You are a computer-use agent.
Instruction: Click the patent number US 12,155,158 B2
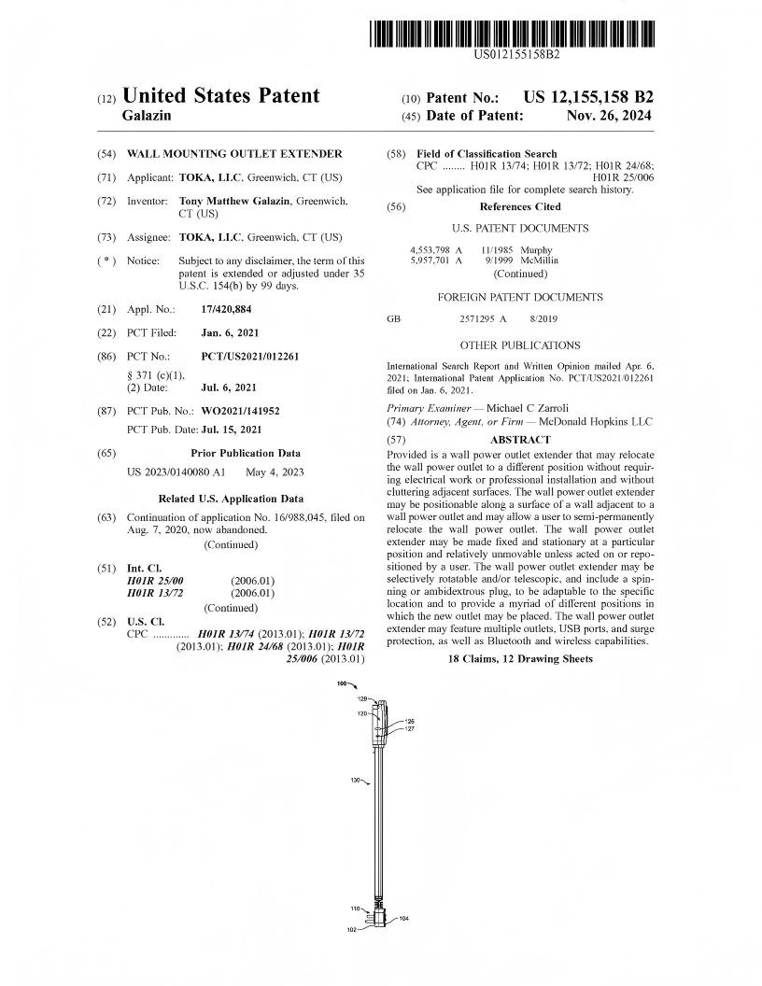pyautogui.click(x=588, y=97)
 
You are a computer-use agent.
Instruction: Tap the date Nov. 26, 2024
pyautogui.click(x=609, y=116)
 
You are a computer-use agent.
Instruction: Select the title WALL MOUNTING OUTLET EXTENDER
pyautogui.click(x=234, y=153)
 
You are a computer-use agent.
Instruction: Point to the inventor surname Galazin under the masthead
pyautogui.click(x=147, y=116)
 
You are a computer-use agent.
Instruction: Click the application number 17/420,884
pyautogui.click(x=227, y=308)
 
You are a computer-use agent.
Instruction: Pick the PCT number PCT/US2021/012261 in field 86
pyautogui.click(x=250, y=356)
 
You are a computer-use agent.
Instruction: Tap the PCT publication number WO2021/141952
pyautogui.click(x=240, y=410)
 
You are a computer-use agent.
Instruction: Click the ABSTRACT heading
pyautogui.click(x=520, y=440)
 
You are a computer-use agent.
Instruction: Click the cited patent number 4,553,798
pyautogui.click(x=430, y=250)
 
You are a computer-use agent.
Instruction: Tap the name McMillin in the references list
pyautogui.click(x=533, y=261)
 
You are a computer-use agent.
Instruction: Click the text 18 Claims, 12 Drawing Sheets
pyautogui.click(x=520, y=658)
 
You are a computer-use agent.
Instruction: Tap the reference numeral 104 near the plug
pyautogui.click(x=403, y=919)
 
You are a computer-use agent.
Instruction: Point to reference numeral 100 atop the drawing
pyautogui.click(x=342, y=683)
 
